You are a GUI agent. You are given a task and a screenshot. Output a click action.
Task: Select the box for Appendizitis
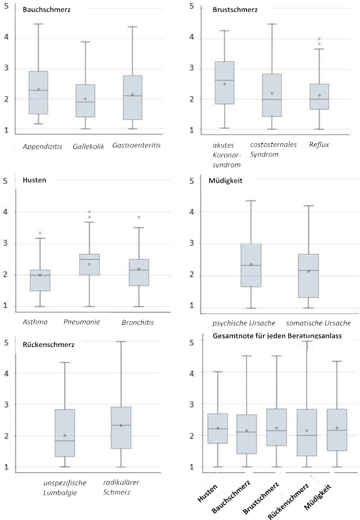click(38, 92)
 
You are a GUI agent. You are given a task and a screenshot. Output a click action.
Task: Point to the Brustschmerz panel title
click(235, 10)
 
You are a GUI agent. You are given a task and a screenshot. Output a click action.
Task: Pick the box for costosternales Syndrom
click(272, 95)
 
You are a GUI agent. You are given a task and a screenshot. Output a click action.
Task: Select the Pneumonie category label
click(81, 322)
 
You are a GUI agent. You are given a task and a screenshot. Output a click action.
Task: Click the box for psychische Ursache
click(251, 265)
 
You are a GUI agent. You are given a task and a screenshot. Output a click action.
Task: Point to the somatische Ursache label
click(318, 323)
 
